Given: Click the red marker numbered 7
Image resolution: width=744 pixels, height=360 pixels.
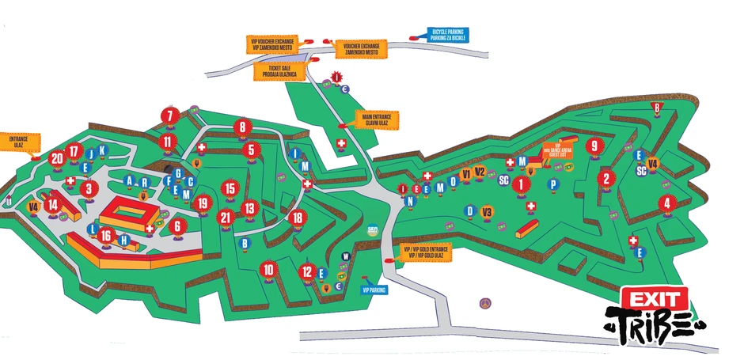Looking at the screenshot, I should pyautogui.click(x=169, y=116).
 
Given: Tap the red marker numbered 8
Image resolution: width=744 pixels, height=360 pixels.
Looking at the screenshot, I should pyautogui.click(x=243, y=127).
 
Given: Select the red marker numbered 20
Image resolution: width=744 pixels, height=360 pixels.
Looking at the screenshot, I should pyautogui.click(x=56, y=158).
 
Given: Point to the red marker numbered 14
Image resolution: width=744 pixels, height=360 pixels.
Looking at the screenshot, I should pyautogui.click(x=53, y=204).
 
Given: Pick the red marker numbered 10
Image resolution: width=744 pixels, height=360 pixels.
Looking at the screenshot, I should pyautogui.click(x=269, y=270).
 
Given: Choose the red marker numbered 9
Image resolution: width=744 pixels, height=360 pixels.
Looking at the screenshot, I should pyautogui.click(x=594, y=146).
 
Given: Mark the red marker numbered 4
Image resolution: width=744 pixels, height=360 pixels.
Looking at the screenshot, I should pyautogui.click(x=667, y=203).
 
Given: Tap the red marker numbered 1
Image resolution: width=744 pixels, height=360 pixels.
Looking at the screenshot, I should pyautogui.click(x=520, y=184).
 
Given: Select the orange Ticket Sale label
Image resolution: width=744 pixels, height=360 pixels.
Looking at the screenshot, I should pyautogui.click(x=275, y=71).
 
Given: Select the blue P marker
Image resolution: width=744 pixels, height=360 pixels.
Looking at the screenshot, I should pyautogui.click(x=554, y=184).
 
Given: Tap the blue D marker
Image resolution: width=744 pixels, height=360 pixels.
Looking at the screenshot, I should pyautogui.click(x=469, y=210).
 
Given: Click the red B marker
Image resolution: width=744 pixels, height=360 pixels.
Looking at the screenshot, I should pyautogui.click(x=655, y=108).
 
